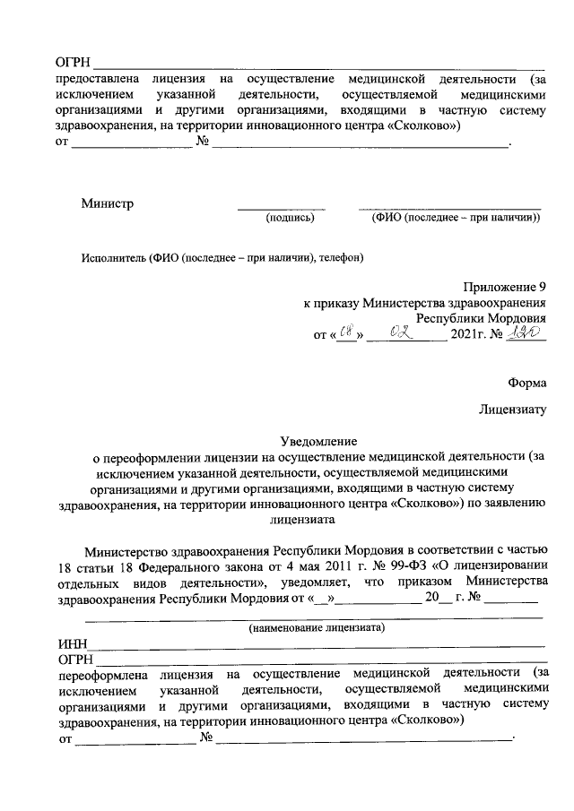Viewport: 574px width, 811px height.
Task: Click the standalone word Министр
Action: [107, 203]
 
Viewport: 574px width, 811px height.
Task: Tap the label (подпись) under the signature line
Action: [287, 217]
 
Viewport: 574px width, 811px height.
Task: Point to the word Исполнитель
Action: [113, 257]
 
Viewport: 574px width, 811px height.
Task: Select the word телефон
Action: [341, 257]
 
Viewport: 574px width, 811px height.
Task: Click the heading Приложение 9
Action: [504, 287]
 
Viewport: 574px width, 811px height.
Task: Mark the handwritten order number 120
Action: [525, 333]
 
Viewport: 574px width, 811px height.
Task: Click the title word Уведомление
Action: [318, 441]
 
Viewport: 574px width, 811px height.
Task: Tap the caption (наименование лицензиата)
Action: [317, 628]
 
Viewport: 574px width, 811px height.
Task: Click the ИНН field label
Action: [72, 644]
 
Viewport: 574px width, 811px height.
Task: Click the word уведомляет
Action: [319, 582]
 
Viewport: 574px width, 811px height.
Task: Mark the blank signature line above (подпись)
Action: [281, 208]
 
